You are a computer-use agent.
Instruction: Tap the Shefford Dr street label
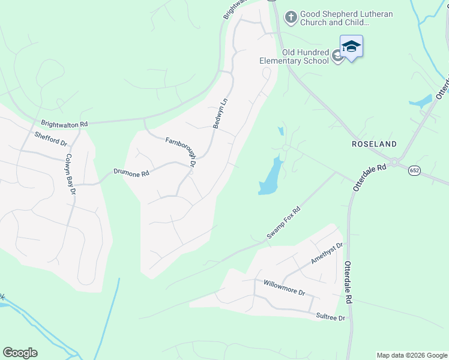click(50, 139)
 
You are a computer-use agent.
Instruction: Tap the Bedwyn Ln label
click(220, 113)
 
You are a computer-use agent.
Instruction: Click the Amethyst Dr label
click(327, 253)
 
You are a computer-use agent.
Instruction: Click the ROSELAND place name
click(375, 144)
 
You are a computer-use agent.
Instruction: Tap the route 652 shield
click(414, 171)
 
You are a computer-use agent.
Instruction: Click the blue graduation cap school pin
click(351, 47)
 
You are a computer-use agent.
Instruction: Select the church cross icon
click(291, 17)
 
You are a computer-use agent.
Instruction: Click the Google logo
click(20, 353)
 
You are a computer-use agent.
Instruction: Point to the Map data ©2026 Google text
click(411, 355)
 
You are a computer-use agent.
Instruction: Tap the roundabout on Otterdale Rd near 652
click(394, 162)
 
